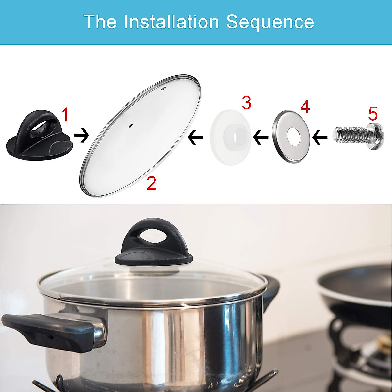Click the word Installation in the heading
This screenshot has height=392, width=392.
(171, 22)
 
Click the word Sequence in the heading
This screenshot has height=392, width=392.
(270, 22)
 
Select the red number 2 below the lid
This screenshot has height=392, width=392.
(151, 184)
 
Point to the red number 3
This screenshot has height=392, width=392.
(246, 103)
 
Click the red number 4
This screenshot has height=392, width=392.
(304, 107)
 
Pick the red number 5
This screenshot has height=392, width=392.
(373, 114)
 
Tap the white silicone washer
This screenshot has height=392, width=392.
(230, 137)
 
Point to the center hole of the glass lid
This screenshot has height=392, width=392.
(131, 125)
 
